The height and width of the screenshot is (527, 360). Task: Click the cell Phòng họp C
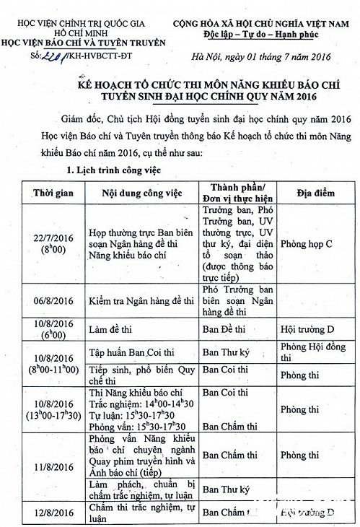point(306,245)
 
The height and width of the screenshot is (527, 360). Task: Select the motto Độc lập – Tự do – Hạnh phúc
point(263,34)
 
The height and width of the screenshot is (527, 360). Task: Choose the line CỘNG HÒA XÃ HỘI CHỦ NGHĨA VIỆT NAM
point(263,24)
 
